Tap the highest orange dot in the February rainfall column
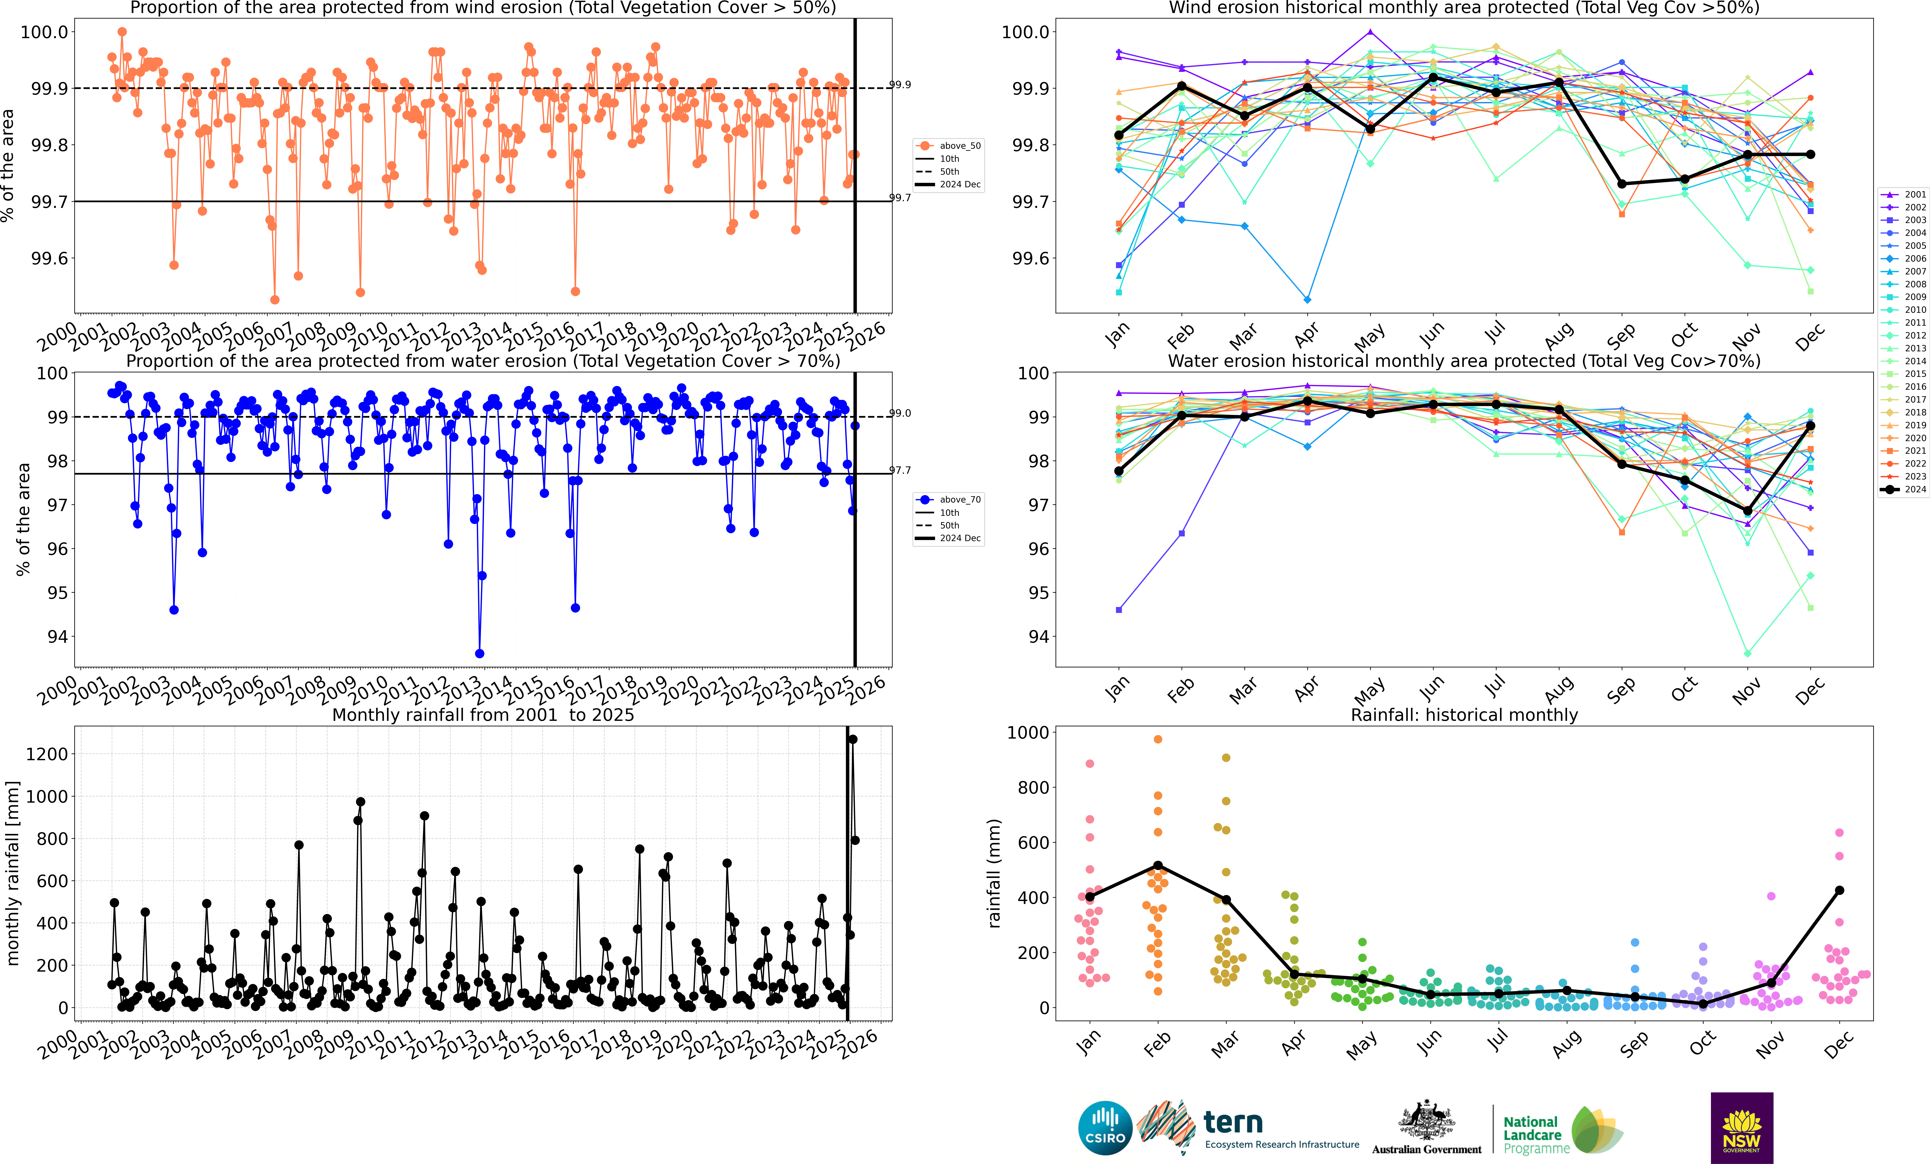1158,739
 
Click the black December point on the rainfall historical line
1839,890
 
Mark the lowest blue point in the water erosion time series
479,654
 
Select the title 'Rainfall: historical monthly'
1464,715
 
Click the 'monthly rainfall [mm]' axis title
12,873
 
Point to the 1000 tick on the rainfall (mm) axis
1028,733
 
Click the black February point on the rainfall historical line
1158,866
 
